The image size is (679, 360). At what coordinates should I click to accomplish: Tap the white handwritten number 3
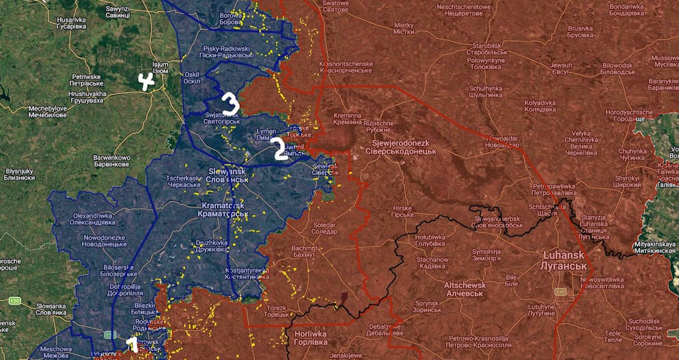[x=230, y=104]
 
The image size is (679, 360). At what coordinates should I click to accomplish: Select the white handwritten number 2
[x=280, y=150]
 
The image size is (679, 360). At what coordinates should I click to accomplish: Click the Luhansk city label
[x=564, y=260]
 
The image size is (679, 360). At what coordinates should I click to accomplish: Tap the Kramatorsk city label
[x=225, y=210]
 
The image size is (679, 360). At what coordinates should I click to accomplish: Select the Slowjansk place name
[x=227, y=174]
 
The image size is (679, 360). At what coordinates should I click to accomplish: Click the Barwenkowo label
[x=111, y=161]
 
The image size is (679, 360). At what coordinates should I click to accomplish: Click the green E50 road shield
[x=14, y=301]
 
